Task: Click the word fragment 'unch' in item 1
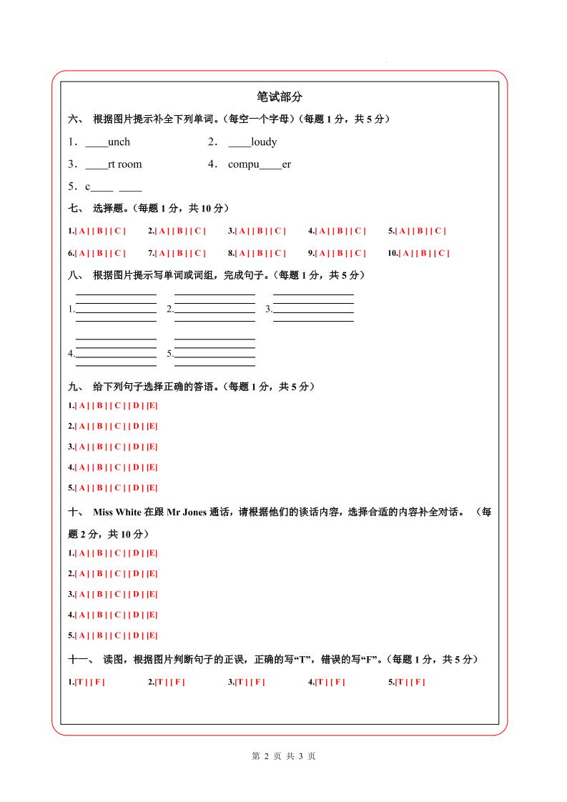coord(119,142)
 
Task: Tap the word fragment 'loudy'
coord(264,142)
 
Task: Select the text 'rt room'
coord(124,164)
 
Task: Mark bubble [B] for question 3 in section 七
coord(260,231)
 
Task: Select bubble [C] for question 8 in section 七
coord(280,253)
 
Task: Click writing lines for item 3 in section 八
coord(313,308)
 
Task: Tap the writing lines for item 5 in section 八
coord(215,352)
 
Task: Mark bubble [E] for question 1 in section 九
coord(152,406)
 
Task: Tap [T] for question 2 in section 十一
coord(160,682)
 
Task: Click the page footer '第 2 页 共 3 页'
coord(284,756)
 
